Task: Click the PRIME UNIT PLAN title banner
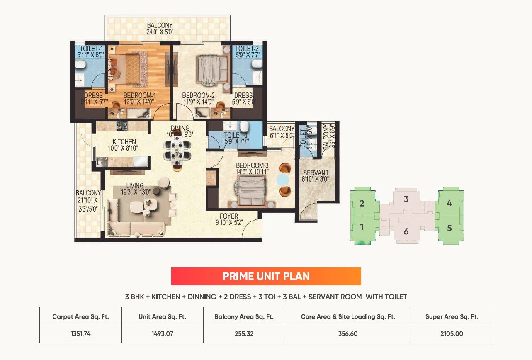click(266, 276)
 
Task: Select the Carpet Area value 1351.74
click(80, 333)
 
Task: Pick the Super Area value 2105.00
click(452, 333)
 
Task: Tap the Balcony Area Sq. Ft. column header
click(244, 316)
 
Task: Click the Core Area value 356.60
click(347, 333)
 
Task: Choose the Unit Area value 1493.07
click(162, 333)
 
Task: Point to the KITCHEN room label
click(124, 142)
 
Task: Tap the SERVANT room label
click(316, 173)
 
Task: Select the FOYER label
click(229, 216)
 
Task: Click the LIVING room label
click(135, 186)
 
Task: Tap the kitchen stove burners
click(121, 125)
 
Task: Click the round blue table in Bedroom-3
click(283, 180)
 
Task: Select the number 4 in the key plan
click(449, 203)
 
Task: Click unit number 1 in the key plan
click(362, 227)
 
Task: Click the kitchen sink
click(102, 162)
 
